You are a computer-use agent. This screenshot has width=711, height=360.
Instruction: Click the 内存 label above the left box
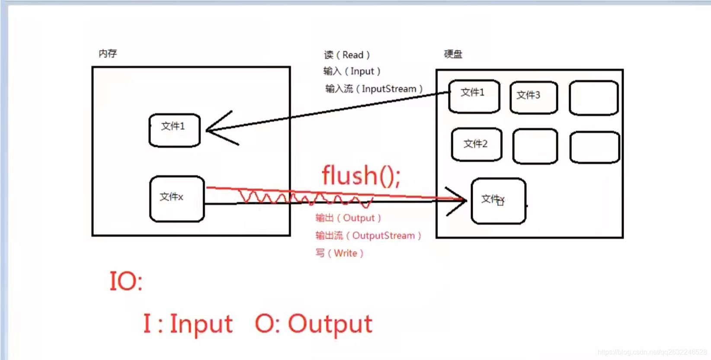coord(108,54)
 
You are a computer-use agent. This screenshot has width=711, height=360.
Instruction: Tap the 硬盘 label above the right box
coord(453,54)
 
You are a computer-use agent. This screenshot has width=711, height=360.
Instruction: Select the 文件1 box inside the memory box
coord(174,130)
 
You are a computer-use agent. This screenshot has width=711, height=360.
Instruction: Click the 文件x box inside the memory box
coord(176,199)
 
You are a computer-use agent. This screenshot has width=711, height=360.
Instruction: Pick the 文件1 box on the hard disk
coord(474,96)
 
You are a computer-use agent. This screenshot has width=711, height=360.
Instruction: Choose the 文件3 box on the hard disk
coord(534,97)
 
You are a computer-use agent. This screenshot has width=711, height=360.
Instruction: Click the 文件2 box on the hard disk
coord(476,144)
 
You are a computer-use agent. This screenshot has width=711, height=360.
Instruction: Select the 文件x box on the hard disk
coord(498,201)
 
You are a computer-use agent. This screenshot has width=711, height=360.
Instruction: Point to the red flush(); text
coord(361,175)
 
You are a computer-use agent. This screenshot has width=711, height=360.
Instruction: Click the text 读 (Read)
coord(347,55)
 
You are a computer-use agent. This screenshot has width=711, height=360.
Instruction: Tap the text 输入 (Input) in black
coord(352,71)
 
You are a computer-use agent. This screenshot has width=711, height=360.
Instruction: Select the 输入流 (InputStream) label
coord(374,89)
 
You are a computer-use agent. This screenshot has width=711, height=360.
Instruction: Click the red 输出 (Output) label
coord(348,218)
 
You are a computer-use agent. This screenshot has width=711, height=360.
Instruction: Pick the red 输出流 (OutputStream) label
coord(368,235)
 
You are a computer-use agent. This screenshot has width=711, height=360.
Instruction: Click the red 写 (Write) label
coord(339,253)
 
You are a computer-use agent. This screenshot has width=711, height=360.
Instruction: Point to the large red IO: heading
coord(126,281)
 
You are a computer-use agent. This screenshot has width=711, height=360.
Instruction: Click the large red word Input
coord(201,324)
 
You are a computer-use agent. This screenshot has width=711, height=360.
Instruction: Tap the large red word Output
coord(330,324)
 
